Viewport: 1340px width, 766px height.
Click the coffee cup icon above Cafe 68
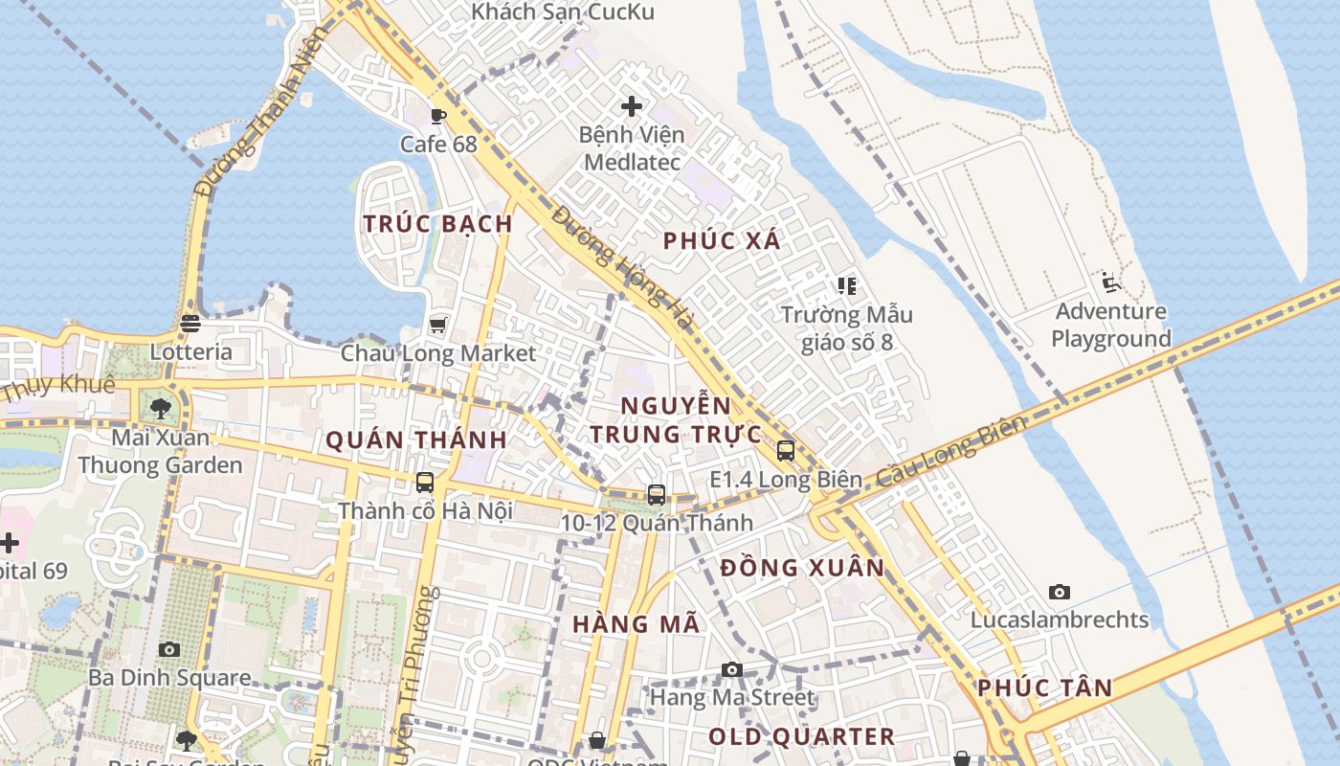point(438,116)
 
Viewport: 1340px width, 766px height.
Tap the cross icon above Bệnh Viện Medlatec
point(632,105)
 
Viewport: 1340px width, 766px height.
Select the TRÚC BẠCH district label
point(437,224)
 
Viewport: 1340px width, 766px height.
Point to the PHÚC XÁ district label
point(723,241)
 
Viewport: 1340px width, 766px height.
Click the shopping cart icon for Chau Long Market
point(438,325)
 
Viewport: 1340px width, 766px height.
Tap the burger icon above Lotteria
point(190,324)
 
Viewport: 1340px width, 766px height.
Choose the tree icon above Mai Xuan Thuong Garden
point(161,409)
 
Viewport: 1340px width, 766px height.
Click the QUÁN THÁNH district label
point(416,440)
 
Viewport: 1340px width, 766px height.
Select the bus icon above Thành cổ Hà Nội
point(425,483)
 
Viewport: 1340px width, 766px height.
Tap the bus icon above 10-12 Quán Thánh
point(657,495)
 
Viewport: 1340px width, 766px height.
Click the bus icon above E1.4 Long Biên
point(786,451)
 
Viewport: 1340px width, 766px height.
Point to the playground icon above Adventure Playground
point(1110,282)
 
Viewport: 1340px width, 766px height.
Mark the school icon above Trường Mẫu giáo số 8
point(846,285)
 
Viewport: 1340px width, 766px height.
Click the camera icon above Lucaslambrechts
point(1059,592)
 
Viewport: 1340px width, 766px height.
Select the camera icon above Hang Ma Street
point(732,669)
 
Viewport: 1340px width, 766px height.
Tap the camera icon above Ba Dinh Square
point(169,649)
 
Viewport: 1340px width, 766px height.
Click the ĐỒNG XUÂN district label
point(803,568)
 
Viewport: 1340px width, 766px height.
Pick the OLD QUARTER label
point(801,736)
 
